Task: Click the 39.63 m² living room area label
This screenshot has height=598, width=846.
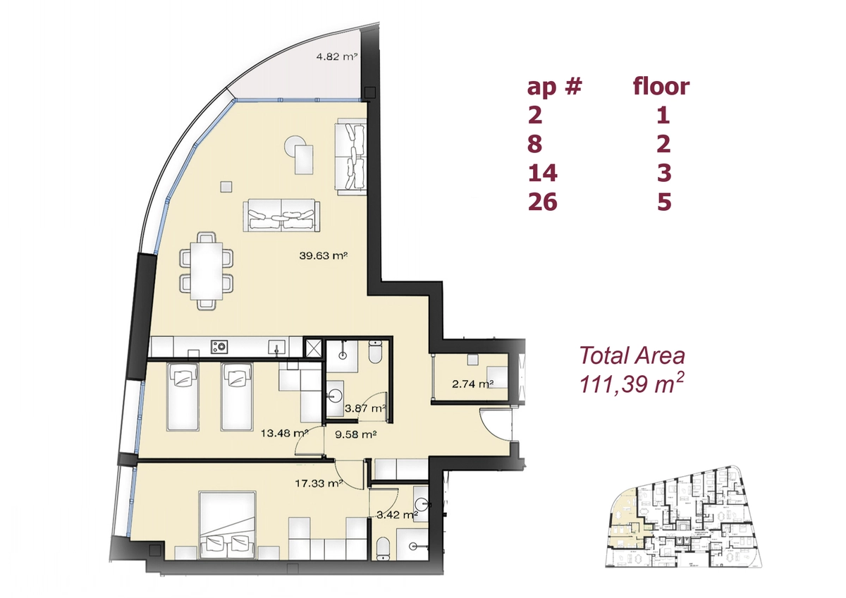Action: tap(324, 256)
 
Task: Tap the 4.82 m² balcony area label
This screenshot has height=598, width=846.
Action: tap(337, 57)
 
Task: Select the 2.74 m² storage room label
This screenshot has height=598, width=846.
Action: tap(473, 384)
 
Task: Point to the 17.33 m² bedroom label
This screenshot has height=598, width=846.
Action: tap(319, 483)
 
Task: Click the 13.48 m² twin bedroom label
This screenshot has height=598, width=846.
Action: tap(285, 433)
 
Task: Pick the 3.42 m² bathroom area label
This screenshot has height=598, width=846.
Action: tap(398, 514)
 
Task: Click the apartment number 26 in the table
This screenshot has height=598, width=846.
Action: tap(542, 202)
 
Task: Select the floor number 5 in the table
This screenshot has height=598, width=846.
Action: tap(664, 202)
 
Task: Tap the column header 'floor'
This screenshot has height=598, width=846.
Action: tap(661, 86)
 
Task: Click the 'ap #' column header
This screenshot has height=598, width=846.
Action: tap(554, 87)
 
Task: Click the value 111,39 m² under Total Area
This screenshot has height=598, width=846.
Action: tap(632, 384)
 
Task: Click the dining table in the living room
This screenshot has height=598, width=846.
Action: tap(206, 271)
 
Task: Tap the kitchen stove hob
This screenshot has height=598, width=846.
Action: tap(219, 346)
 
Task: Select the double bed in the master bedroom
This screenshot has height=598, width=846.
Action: tap(228, 525)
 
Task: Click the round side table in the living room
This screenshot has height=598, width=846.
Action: tap(295, 145)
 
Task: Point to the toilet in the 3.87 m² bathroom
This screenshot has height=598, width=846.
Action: tap(375, 351)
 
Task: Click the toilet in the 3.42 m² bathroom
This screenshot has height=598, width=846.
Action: tap(384, 548)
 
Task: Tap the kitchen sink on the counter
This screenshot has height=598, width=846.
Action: tap(278, 346)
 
